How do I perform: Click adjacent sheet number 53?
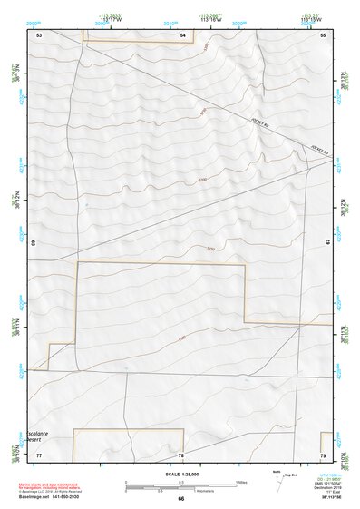coord(39,34)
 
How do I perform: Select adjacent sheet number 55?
coord(322,34)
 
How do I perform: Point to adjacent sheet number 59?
coord(33,243)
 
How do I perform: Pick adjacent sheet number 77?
coord(39,454)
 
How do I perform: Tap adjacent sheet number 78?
coord(181,455)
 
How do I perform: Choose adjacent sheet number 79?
coord(322,454)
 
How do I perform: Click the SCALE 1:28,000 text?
coord(180,474)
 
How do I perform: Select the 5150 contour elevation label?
coord(211,247)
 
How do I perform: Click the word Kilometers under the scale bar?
coord(218,491)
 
